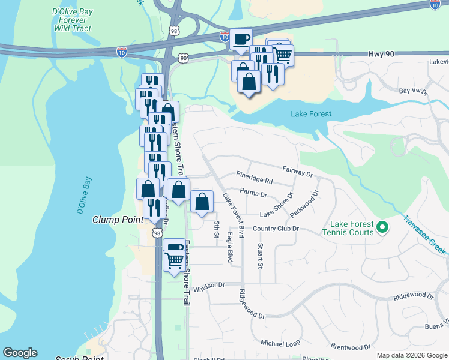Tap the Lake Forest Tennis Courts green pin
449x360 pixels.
382,227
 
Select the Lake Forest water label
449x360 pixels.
311,113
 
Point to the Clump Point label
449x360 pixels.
118,220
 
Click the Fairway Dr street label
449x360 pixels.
297,172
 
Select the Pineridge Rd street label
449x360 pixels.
254,180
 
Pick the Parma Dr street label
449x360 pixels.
253,194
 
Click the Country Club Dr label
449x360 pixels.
276,229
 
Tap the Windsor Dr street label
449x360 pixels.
208,286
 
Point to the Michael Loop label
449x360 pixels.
280,343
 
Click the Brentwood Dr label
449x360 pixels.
351,347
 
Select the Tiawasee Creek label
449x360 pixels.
424,235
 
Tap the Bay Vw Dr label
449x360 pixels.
413,92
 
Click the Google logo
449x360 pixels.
20,353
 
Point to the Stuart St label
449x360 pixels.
260,256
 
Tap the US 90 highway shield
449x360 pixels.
183,58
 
